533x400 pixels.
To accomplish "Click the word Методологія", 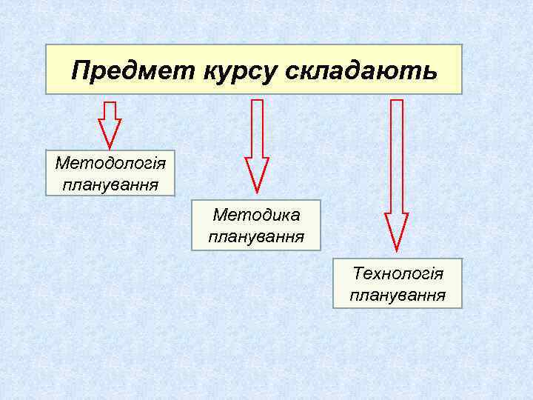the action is pyautogui.click(x=110, y=162).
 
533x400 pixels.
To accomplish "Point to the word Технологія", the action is pyautogui.click(x=398, y=274).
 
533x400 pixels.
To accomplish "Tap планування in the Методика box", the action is pyautogui.click(x=256, y=237).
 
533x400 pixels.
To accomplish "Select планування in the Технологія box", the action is pyautogui.click(x=398, y=296).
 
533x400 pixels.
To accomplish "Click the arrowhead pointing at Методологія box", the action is pyautogui.click(x=110, y=135).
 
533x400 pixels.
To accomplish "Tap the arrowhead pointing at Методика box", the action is pyautogui.click(x=257, y=175).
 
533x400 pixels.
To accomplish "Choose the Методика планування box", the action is pyautogui.click(x=256, y=225).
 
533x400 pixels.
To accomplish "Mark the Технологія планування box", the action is pyautogui.click(x=398, y=284).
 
